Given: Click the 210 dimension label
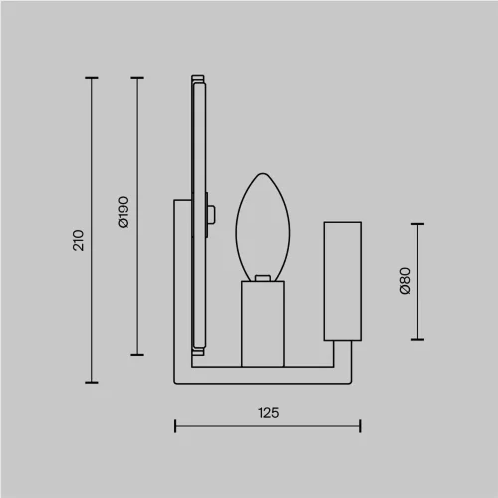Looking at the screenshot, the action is tap(79, 240).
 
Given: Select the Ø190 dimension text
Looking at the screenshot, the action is tap(124, 212).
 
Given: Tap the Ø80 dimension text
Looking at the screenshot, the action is tap(405, 281).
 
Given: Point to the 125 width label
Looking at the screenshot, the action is tap(269, 413).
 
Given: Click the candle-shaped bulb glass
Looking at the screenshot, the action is tap(263, 227).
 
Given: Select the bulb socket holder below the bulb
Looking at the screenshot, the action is tap(263, 324).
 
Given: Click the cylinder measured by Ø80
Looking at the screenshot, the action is tap(343, 281).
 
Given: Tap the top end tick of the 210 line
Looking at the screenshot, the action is tap(92, 78).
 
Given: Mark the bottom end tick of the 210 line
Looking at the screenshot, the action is tap(92, 383).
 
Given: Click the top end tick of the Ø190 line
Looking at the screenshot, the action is tap(137, 78).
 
